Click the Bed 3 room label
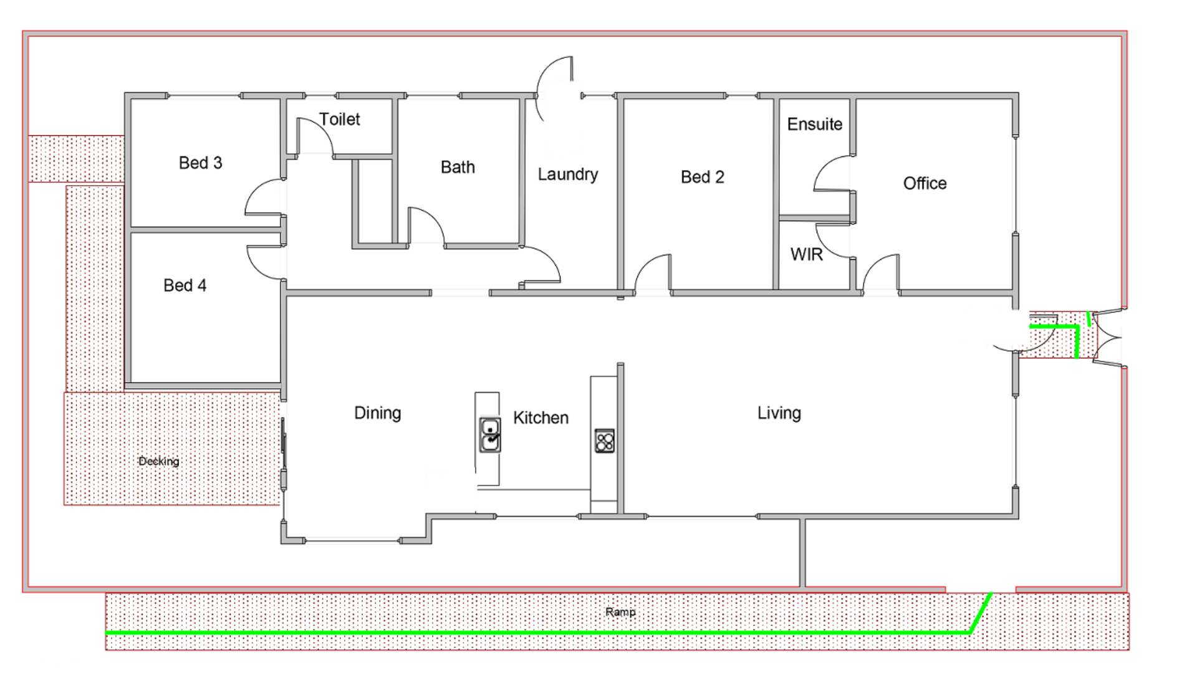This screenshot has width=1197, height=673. pos(200,163)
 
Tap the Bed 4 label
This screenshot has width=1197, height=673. pos(185,285)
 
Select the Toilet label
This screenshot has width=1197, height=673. pos(339,119)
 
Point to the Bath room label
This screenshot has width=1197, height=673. pos(458,167)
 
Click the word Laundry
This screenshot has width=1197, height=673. pos(567,174)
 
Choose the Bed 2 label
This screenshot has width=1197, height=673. pos(702,178)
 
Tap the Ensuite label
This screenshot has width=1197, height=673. pos(814,124)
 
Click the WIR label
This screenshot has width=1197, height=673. pos(806,254)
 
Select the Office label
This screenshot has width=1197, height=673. pos(925,183)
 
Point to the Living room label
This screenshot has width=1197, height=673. pos(779,413)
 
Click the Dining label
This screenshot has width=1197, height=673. pos(377,413)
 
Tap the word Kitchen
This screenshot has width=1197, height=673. pos(541,418)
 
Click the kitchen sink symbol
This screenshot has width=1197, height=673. pos(489,434)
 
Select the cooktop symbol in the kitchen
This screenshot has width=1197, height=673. pos(604,441)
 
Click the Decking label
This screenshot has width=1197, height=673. pos(158,461)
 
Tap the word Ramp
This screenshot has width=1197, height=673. pos(620,612)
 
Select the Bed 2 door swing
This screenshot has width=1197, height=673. pos(652,271)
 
